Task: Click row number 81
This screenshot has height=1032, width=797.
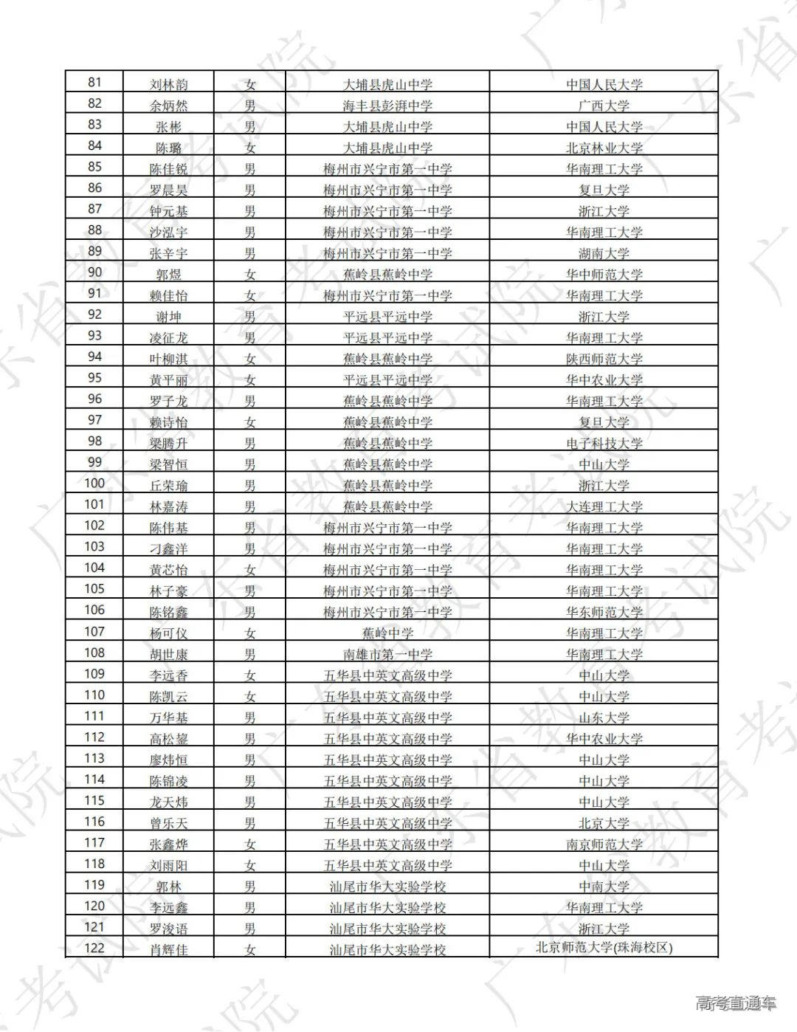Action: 94,82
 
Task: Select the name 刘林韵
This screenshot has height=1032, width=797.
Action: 168,84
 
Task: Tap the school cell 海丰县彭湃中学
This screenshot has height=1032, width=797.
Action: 387,106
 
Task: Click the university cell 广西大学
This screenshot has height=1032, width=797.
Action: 604,106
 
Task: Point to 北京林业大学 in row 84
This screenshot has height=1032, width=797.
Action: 604,148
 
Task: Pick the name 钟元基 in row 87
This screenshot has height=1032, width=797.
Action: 168,211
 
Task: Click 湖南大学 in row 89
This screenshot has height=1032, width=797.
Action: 604,253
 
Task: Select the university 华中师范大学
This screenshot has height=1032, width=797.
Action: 604,275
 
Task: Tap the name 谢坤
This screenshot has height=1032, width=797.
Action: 168,317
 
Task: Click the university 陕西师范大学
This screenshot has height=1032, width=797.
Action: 604,359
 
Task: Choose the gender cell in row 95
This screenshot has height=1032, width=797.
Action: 250,380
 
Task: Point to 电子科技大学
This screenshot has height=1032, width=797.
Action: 604,444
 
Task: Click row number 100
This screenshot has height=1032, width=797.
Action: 94,484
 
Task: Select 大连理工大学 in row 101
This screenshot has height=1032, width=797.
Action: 604,506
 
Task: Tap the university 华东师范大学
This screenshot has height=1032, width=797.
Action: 604,612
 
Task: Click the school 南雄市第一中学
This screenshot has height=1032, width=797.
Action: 387,654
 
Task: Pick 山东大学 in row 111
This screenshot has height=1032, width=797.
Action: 604,718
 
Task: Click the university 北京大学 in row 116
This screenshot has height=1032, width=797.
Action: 604,823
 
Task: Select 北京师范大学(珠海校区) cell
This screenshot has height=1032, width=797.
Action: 604,948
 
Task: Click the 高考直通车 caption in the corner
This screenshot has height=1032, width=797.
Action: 736,1003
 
